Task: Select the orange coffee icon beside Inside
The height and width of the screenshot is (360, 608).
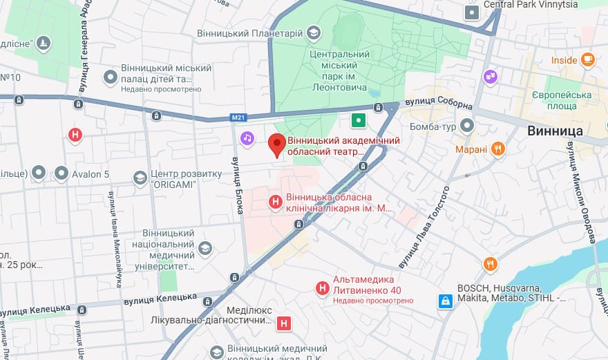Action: pos(587,59)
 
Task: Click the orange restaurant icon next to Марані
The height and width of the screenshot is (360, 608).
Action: pos(497,149)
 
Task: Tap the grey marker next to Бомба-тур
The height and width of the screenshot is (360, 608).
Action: pos(467,126)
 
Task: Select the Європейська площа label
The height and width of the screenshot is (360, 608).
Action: pos(562,100)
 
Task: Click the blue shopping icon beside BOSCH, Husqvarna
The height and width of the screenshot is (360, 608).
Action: pos(446,301)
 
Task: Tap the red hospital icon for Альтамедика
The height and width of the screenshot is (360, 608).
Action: pos(322,288)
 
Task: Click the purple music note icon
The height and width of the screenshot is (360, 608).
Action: pos(247,139)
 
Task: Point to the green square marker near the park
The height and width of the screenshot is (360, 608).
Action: pos(358,121)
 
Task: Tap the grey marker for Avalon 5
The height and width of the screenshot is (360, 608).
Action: pos(61,173)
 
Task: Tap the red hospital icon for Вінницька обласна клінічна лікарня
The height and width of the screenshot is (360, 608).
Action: pos(275,202)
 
